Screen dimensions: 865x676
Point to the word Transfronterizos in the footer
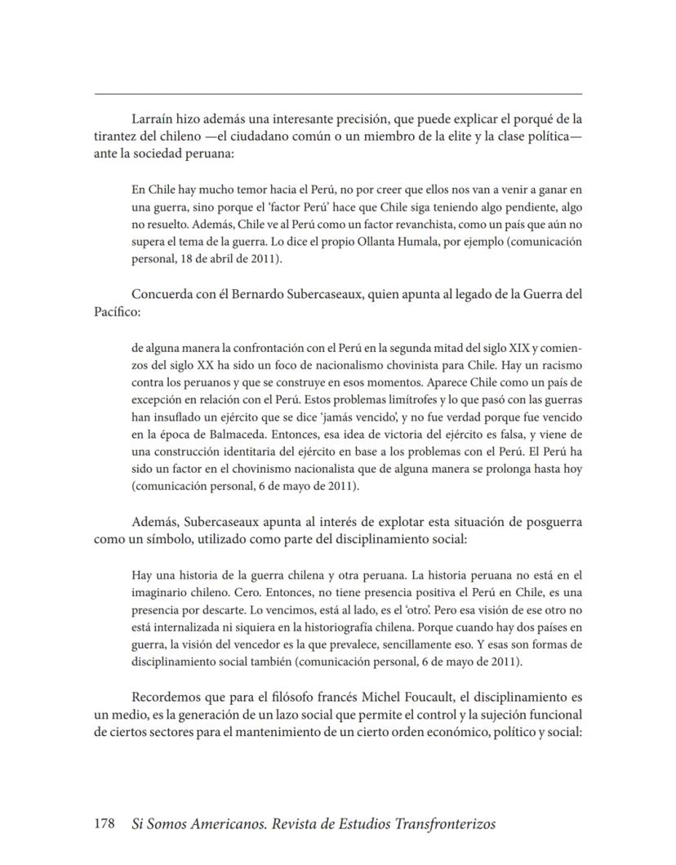coord(434,824)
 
